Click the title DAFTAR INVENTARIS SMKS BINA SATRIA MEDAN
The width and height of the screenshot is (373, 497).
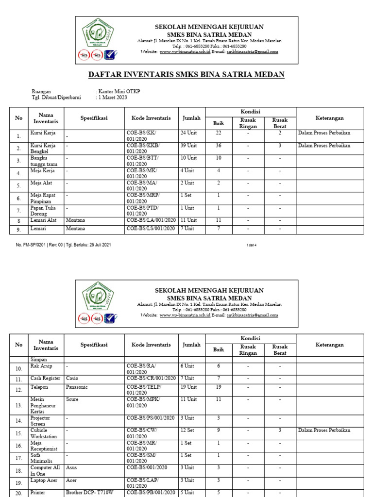click(x=186, y=74)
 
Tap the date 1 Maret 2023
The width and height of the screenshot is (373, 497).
click(x=113, y=97)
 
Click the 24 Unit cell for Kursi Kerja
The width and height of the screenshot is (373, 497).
click(x=189, y=133)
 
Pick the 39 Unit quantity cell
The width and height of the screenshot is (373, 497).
click(x=189, y=145)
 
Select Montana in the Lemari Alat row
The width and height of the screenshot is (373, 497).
click(x=75, y=220)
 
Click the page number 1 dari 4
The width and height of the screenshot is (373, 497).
click(x=251, y=245)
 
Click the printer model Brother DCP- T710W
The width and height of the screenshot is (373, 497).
click(x=90, y=493)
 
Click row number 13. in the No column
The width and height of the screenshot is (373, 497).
click(x=18, y=405)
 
